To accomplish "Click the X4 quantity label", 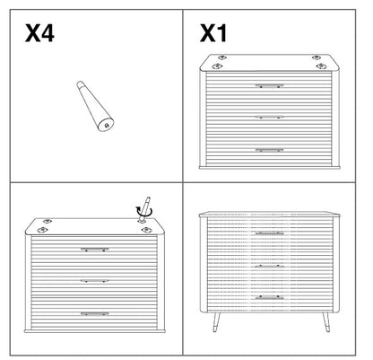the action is point(39,33).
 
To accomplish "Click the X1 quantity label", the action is point(213,33).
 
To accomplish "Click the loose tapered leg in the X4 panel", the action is point(95,106).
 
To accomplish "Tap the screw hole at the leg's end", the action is point(107,126).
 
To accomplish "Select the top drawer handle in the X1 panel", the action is point(269,86).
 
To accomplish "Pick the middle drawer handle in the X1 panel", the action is point(269,117).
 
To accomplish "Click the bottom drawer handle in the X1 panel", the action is point(269,150).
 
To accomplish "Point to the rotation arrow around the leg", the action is point(144,212).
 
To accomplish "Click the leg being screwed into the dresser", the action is point(144,208).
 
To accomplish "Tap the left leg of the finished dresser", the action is point(216,322).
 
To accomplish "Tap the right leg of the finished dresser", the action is point(325,322).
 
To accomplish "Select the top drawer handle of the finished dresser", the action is point(269,233).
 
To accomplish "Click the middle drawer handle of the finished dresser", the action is point(269,266).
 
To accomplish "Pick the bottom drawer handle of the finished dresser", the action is point(269,297).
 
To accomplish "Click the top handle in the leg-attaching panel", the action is point(95,250).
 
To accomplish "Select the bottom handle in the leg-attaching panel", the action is point(95,313).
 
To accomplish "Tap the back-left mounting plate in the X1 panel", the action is point(221,57).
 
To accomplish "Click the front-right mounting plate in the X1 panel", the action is point(321,66).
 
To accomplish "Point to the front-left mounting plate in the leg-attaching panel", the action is point(42,230).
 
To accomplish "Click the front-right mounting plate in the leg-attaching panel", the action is point(146,230).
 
